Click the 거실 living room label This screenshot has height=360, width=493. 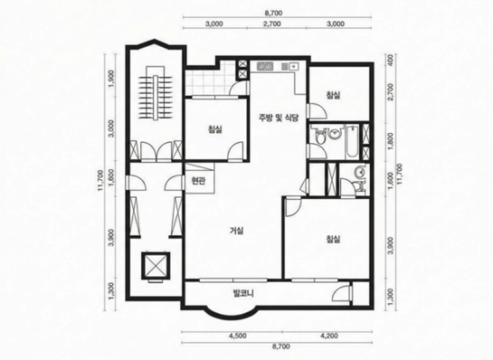point(237,231)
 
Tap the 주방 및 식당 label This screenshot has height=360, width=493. point(278,118)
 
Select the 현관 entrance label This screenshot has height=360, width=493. point(199,181)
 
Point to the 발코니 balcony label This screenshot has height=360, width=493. point(244,293)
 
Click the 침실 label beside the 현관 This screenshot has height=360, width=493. point(215,129)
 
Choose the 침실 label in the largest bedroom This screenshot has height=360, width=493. point(333,239)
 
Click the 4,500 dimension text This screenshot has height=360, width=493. point(238,336)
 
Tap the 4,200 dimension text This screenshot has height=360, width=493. point(329,336)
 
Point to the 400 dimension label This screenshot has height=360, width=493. point(390,59)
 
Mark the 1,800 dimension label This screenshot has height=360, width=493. point(390,141)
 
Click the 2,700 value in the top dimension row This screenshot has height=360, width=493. point(273,24)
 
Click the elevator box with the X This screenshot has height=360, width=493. point(156,265)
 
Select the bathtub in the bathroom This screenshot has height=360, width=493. point(352,141)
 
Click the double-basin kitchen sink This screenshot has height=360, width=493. point(265,67)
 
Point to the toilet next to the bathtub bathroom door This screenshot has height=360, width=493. point(320,136)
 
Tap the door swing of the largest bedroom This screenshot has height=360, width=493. point(293,208)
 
